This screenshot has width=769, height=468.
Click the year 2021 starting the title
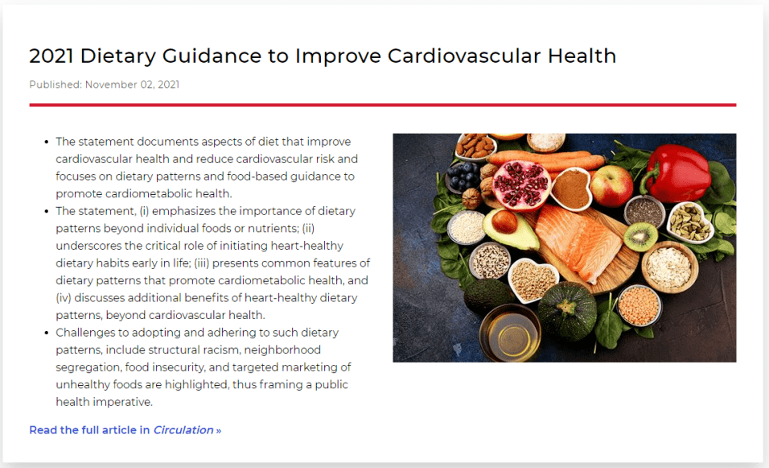[51, 56]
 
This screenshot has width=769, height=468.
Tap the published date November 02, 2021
[132, 85]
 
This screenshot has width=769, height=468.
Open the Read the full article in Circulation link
[125, 430]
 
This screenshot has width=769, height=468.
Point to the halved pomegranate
[520, 184]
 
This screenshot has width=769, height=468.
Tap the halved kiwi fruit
[640, 237]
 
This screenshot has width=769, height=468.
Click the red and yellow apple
[611, 185]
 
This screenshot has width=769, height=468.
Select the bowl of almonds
[475, 146]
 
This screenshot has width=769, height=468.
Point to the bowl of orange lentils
[639, 305]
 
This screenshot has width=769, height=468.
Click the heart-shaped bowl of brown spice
[571, 188]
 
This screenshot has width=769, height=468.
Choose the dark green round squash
[567, 309]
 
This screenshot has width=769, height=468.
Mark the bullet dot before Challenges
[46, 333]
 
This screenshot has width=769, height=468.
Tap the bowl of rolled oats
[669, 267]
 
